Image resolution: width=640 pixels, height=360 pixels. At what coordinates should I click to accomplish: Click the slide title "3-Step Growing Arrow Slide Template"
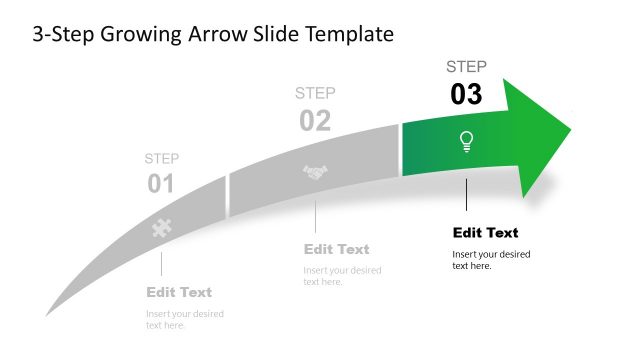(213, 35)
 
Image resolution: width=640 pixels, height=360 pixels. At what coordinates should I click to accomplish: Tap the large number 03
(466, 95)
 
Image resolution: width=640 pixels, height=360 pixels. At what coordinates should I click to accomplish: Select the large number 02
(315, 121)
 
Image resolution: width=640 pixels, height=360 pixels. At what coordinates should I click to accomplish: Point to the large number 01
(161, 184)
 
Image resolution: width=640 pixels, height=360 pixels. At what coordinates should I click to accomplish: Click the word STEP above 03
(466, 67)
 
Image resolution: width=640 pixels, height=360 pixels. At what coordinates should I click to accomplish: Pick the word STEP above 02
(315, 93)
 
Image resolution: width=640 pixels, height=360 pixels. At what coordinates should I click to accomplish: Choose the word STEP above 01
(161, 158)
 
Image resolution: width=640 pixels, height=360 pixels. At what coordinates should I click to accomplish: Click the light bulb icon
(466, 141)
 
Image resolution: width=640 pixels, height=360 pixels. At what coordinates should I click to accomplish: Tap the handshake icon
(316, 173)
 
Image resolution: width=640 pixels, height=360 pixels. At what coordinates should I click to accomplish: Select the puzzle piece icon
(160, 227)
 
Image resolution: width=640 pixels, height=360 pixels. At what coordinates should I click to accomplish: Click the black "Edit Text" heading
(486, 233)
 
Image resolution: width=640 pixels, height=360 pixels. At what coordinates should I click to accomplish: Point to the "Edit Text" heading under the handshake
(337, 249)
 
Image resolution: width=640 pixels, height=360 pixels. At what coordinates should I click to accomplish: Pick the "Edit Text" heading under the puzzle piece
(179, 292)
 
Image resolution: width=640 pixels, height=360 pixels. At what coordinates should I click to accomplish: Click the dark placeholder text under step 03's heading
(491, 260)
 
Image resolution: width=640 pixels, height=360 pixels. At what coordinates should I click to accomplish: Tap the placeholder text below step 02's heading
(342, 276)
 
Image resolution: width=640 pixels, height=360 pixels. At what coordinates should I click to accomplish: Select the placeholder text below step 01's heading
(185, 319)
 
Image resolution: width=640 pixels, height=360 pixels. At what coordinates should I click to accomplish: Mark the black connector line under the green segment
(466, 195)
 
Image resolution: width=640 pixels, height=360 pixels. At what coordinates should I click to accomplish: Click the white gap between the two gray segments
(228, 194)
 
